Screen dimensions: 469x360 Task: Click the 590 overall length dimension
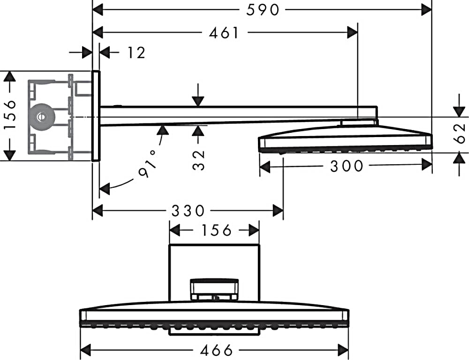(x=263, y=10)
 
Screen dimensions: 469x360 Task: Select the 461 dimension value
(x=224, y=32)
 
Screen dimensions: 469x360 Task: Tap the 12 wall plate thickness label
(x=136, y=53)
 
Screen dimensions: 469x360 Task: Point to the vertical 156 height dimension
(x=10, y=115)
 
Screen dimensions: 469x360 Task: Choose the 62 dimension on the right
(x=460, y=133)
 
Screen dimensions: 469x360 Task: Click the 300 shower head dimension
(x=347, y=166)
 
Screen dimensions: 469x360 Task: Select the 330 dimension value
(x=188, y=211)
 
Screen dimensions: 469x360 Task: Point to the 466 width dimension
(x=216, y=350)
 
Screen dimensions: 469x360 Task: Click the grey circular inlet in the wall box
(x=42, y=117)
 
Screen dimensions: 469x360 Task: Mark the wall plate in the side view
(x=96, y=116)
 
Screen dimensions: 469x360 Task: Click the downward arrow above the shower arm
(x=198, y=95)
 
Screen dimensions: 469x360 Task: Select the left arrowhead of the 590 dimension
(x=98, y=10)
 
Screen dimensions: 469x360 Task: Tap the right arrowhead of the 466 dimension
(x=343, y=350)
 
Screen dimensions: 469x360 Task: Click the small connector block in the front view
(x=214, y=290)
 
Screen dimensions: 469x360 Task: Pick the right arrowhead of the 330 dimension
(x=278, y=211)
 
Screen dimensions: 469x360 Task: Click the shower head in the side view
(x=345, y=138)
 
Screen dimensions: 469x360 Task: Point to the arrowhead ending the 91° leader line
(x=104, y=189)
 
